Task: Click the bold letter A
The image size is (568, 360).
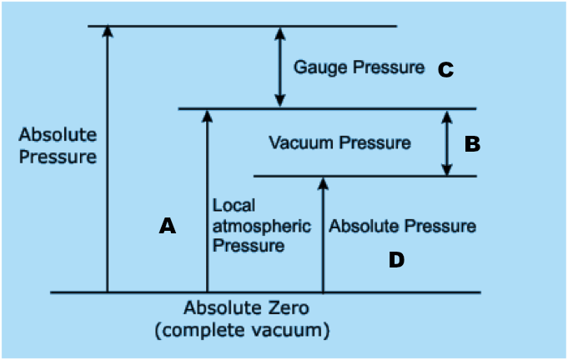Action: coord(168,225)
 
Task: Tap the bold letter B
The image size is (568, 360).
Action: coord(472,144)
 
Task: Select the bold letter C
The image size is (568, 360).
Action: coord(445,70)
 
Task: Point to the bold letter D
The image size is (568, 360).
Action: coord(396,260)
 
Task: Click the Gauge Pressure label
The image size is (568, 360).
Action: coord(359,67)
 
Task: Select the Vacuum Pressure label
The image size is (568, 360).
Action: coord(339,142)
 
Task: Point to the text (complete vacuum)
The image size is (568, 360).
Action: coord(242,330)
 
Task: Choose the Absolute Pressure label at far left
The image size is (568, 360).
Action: coord(58,145)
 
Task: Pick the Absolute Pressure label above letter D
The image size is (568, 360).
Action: coord(403,226)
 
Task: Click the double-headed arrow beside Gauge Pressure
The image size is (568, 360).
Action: coord(280,67)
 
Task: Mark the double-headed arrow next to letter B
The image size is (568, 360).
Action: coord(447,142)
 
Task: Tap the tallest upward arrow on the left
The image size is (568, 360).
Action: coord(107,158)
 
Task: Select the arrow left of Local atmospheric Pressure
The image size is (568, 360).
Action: coord(207,200)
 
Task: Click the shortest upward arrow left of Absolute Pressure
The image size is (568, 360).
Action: coord(323,233)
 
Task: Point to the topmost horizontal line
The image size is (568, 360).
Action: coord(242,26)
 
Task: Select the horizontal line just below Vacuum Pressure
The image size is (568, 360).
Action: coord(364,176)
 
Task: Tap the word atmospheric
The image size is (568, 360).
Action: coord(261,226)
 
